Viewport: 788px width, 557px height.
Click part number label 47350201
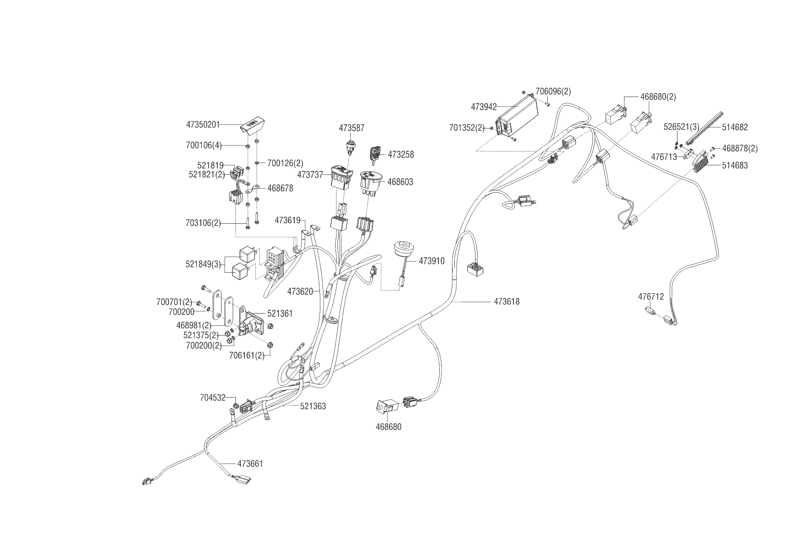(203, 124)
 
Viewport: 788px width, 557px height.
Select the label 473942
(484, 107)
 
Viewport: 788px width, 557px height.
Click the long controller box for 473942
(517, 118)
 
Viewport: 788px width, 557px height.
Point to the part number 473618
(506, 301)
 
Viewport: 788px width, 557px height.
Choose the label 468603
(400, 182)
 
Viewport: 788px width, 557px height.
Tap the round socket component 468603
(370, 181)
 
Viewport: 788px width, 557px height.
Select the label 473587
(351, 128)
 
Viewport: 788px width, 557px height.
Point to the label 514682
(735, 127)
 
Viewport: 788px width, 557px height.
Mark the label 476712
(651, 296)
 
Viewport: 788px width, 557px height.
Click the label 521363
(313, 406)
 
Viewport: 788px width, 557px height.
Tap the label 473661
(250, 464)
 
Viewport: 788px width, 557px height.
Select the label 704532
(212, 398)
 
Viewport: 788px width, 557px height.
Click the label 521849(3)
(203, 264)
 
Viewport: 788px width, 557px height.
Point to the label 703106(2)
(203, 222)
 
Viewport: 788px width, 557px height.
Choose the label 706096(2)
(553, 91)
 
